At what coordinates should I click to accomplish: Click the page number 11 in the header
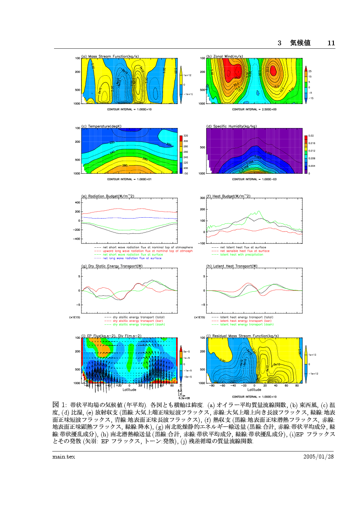click(331, 43)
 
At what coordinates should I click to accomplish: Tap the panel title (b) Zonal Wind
click(225, 57)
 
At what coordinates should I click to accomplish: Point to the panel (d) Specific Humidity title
click(231, 126)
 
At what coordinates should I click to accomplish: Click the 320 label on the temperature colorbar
click(185, 136)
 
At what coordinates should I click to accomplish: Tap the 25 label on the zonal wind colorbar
click(310, 71)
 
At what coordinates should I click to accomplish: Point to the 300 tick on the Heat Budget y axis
click(202, 198)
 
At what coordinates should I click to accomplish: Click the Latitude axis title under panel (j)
click(255, 390)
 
